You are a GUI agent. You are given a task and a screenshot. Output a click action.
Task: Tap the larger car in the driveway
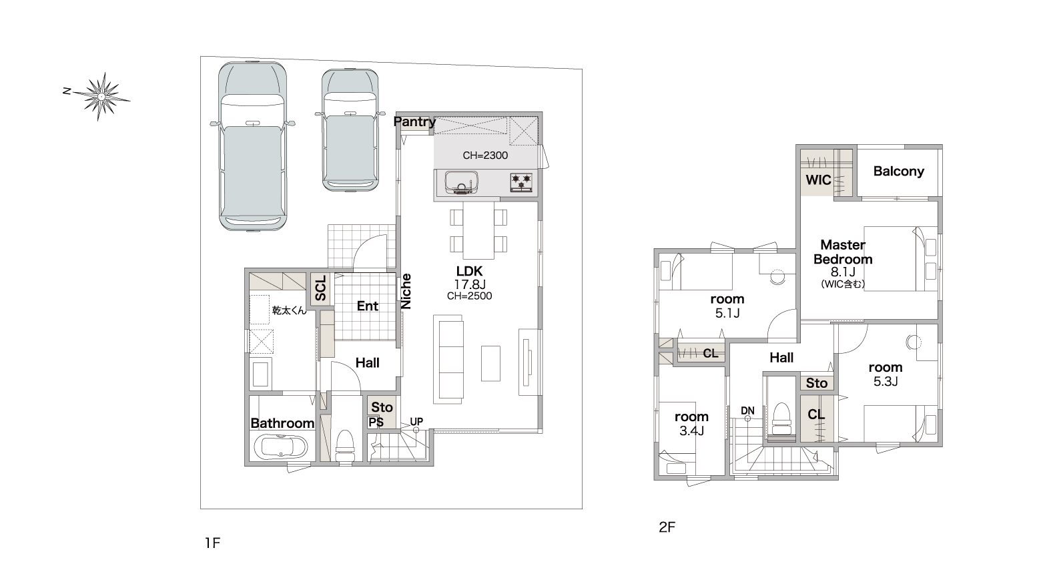pos(252,146)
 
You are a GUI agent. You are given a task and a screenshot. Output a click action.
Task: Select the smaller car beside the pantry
pos(350,130)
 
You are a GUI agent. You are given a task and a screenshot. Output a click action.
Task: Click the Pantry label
pos(414,121)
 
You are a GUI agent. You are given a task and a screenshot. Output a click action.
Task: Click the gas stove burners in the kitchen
pos(521,182)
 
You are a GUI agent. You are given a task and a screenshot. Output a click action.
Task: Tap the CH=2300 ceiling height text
pos(485,156)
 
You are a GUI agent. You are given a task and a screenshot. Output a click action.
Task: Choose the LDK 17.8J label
pos(469,278)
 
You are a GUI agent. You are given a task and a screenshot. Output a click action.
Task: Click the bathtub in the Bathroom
pos(281,447)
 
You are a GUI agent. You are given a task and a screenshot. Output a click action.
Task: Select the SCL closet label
pos(321,288)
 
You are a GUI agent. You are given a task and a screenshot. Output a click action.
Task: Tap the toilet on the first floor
pos(345,446)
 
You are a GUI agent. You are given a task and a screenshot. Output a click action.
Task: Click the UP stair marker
pos(416,421)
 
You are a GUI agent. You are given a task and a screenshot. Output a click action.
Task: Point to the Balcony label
pos(898,172)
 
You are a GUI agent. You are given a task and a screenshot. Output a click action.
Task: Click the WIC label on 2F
pos(818,180)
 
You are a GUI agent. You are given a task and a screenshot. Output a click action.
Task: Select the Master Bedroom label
pos(843,252)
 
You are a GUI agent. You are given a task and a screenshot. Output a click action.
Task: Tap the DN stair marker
pos(747,410)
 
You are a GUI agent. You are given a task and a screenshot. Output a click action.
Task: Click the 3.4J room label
pos(691,423)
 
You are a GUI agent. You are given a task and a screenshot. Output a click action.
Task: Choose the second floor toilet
pos(781,418)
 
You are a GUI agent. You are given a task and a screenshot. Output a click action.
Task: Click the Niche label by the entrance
pos(406,292)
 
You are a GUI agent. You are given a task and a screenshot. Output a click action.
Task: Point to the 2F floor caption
pos(667,527)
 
